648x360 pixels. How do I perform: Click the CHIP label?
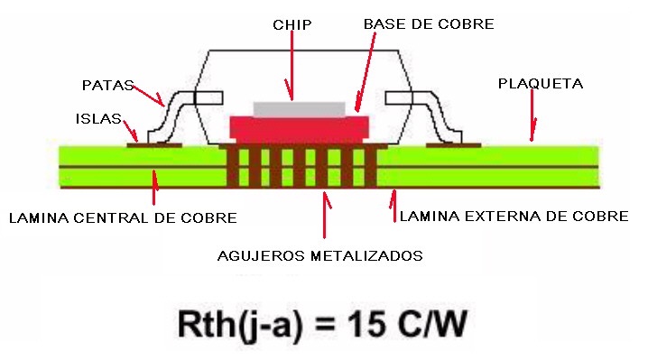click(x=292, y=24)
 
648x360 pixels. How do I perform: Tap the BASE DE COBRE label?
click(x=429, y=24)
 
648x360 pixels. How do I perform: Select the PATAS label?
click(x=108, y=85)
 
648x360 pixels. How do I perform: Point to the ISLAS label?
click(x=98, y=118)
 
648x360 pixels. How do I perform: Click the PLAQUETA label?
click(x=541, y=84)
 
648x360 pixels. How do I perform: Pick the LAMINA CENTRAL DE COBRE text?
click(x=123, y=217)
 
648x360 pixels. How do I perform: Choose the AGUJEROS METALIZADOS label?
click(x=320, y=256)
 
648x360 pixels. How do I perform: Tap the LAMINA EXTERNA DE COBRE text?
click(x=514, y=217)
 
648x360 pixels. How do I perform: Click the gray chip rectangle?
click(x=300, y=109)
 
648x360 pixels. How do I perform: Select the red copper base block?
click(x=300, y=128)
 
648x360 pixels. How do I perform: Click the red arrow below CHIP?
click(x=292, y=65)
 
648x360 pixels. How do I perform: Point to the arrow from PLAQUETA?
click(x=532, y=115)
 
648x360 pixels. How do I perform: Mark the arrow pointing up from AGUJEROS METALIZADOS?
click(x=326, y=215)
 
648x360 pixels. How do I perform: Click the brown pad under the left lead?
click(x=154, y=145)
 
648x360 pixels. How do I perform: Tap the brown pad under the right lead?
click(x=453, y=145)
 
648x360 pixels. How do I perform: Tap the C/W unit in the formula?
click(x=432, y=324)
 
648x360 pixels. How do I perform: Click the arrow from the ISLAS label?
click(x=131, y=131)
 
